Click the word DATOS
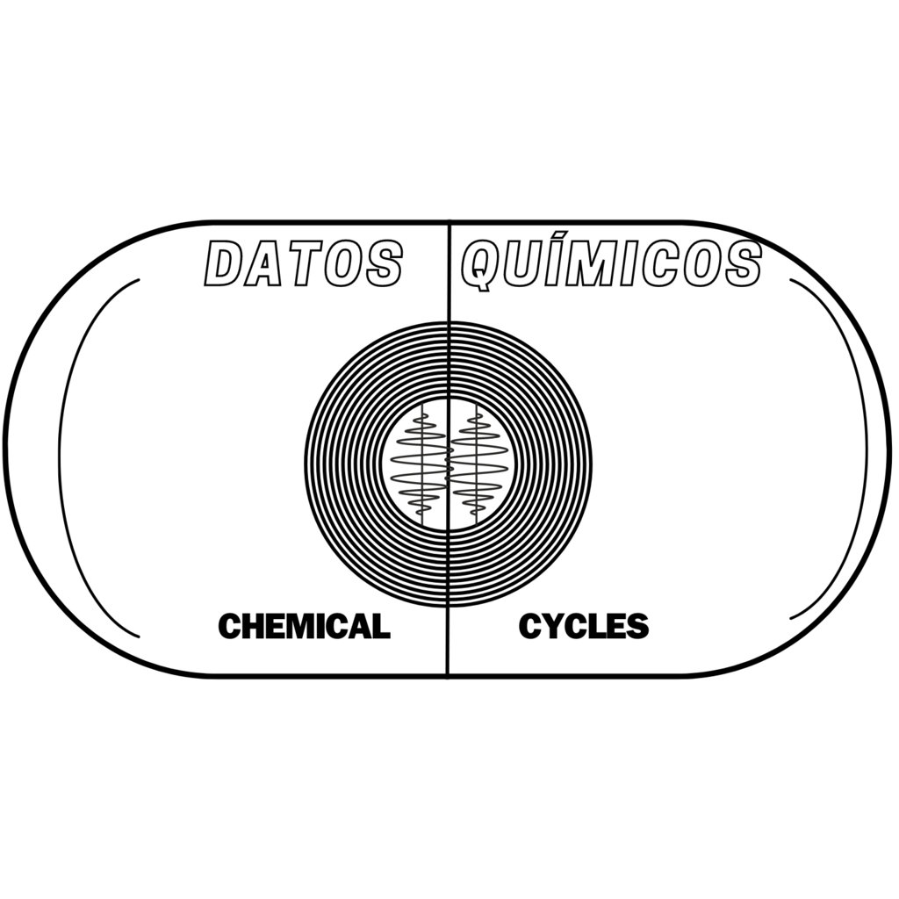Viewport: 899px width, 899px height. pos(304,263)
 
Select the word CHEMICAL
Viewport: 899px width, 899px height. pos(304,626)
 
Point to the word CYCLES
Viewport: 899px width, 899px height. pos(584,626)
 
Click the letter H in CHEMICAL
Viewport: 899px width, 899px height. pos(254,626)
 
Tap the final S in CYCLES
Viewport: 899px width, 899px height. pos(637,626)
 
